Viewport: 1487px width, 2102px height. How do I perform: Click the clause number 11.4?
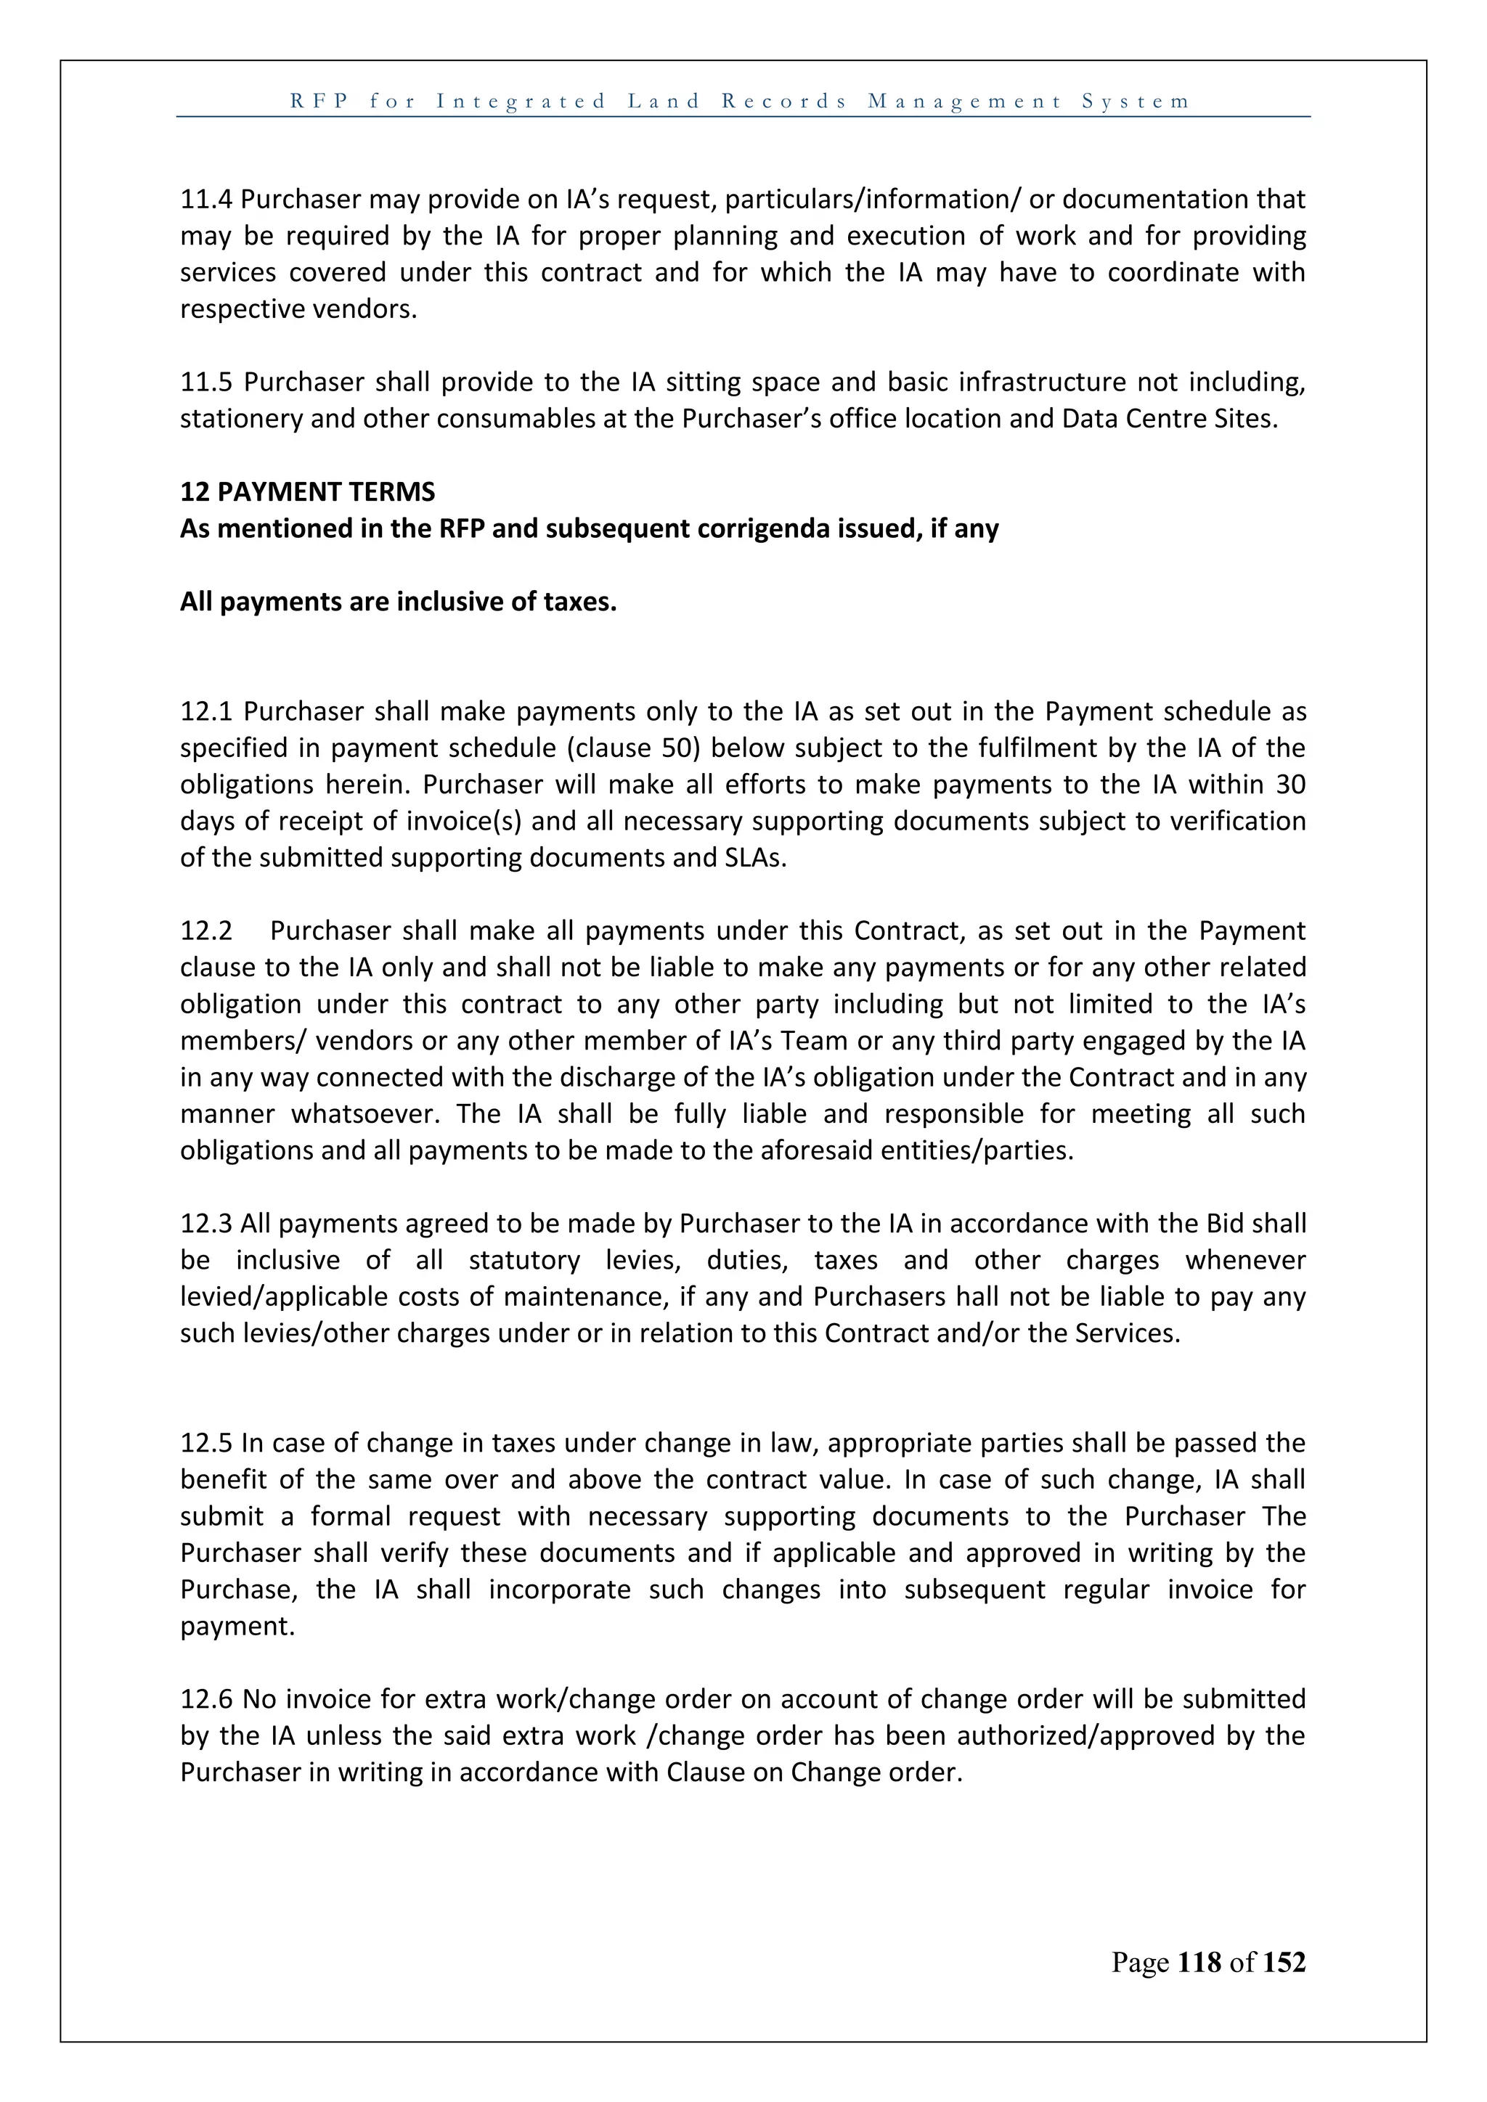click(207, 199)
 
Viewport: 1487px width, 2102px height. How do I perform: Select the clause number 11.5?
click(208, 382)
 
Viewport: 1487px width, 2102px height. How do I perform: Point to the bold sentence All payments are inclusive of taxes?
click(399, 602)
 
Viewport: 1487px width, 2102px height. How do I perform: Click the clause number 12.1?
click(208, 711)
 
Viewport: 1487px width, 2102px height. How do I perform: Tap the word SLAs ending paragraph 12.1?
click(757, 858)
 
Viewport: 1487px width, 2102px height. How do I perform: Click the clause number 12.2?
click(207, 931)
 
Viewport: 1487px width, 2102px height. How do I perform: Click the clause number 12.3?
click(207, 1224)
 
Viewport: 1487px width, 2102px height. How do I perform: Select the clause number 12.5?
click(207, 1444)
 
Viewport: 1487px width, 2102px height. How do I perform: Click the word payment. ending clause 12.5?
click(237, 1627)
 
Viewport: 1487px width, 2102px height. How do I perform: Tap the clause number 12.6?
click(208, 1700)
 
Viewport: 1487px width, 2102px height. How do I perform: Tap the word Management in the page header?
click(965, 102)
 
